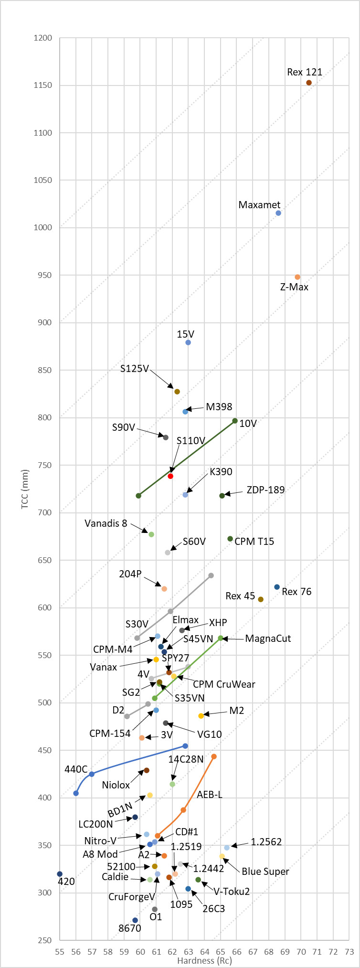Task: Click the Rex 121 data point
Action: (309, 83)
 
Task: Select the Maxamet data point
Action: (278, 213)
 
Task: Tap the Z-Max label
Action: (294, 287)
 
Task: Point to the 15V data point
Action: (188, 342)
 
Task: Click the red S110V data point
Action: (170, 476)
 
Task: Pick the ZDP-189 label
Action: (265, 490)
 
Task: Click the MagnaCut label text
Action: (268, 638)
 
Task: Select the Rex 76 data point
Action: (277, 587)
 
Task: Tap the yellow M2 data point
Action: (201, 716)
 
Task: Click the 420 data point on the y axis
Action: (60, 874)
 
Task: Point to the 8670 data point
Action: (135, 920)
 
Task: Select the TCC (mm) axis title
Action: (25, 489)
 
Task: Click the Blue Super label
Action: (265, 872)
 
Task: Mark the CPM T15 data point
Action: (230, 539)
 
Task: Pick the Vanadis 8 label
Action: (106, 523)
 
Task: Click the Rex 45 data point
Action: (261, 599)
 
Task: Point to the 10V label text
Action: (248, 423)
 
